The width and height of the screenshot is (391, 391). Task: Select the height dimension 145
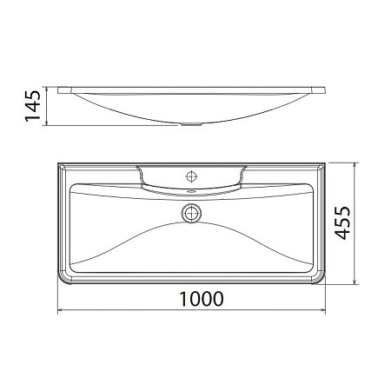coord(34,107)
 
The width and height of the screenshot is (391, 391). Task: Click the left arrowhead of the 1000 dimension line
coord(59,310)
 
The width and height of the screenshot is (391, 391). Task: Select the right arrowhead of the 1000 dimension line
coord(324,310)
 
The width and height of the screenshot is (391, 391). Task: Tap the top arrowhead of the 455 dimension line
coord(356,162)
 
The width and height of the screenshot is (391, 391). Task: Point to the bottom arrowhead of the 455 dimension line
coord(356,283)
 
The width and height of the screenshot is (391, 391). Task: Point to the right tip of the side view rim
coord(326,89)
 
